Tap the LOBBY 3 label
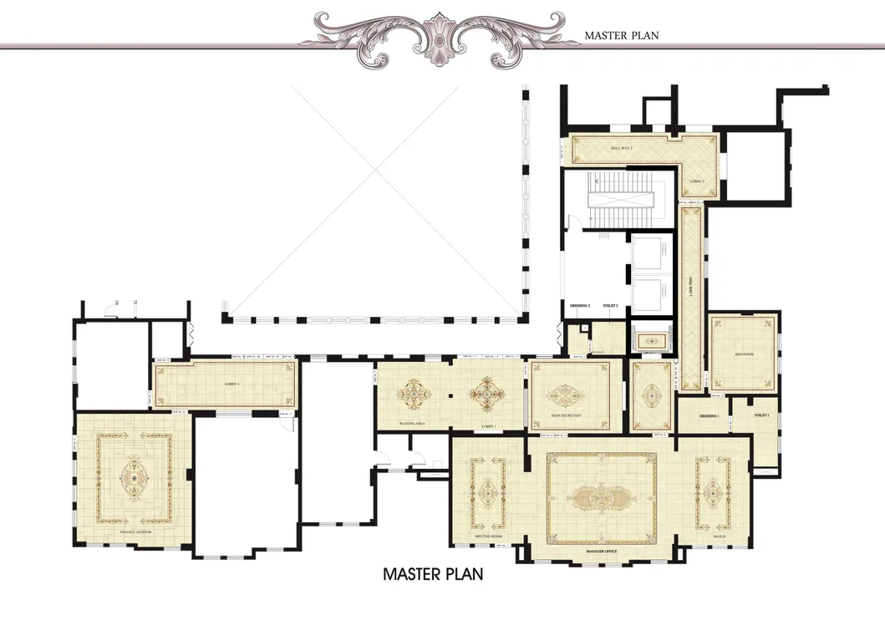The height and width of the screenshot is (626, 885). pos(697,181)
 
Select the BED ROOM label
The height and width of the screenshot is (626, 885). pos(743,354)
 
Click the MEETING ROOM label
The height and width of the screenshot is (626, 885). pos(488,537)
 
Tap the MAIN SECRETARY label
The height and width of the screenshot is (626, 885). pos(566,415)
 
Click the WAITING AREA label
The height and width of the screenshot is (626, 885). pos(415,425)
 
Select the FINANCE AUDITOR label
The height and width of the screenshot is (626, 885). pos(139,532)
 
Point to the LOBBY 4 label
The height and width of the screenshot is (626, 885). pos(231,384)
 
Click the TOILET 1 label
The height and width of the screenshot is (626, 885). pos(760,415)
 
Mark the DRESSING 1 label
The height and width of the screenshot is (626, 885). pos(709,415)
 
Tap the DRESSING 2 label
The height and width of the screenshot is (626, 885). pos(580,306)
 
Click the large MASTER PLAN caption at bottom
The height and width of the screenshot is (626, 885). pos(433,574)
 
